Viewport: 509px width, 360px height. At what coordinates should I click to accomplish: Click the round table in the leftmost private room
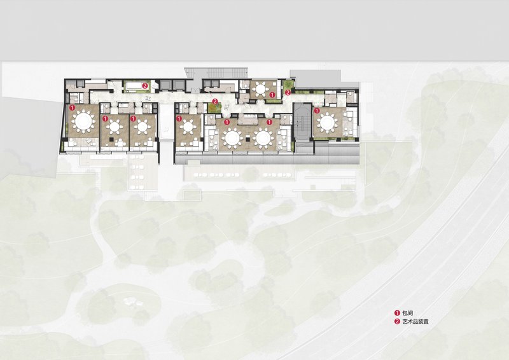tap(84, 121)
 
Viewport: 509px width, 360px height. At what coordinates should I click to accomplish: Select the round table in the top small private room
tap(260, 88)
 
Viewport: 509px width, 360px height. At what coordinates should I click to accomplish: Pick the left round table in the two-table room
tap(232, 137)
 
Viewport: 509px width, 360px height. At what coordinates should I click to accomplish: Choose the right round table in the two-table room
tap(263, 137)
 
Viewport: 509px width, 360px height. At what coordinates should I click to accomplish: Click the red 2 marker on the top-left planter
tap(145, 86)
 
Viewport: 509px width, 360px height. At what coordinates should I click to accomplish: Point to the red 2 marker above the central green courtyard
tap(214, 101)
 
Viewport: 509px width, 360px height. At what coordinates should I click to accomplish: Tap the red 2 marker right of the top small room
tap(288, 93)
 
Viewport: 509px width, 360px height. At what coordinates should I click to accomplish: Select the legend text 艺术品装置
tap(415, 321)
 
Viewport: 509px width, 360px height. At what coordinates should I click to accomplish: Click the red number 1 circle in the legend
tap(396, 313)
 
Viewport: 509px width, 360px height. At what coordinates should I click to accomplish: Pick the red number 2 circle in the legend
tap(396, 322)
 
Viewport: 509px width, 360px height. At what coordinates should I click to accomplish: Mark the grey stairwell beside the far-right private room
tap(303, 123)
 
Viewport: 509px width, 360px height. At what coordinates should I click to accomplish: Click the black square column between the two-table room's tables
tap(248, 139)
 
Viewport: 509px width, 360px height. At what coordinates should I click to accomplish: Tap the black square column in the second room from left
tap(111, 139)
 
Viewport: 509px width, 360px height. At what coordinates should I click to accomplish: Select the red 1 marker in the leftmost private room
tap(72, 107)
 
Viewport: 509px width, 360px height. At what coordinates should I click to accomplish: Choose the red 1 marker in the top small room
tap(272, 95)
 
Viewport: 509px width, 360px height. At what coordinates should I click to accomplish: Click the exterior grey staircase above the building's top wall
tap(216, 73)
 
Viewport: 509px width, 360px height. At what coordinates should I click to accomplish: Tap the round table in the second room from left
tap(115, 127)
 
